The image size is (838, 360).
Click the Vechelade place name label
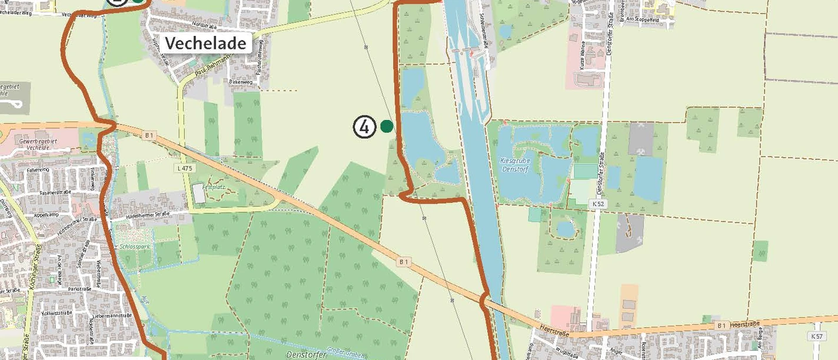tap(205, 43)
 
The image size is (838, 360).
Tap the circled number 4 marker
tap(364, 126)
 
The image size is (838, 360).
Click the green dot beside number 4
tap(387, 126)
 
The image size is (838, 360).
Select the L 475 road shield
tap(184, 168)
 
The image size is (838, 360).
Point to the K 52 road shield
tap(598, 204)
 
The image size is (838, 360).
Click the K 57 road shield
tap(816, 336)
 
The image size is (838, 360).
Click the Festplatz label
tap(214, 187)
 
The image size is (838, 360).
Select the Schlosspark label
tap(134, 246)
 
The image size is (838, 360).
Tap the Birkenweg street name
tap(241, 82)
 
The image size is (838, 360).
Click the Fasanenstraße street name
tap(54, 192)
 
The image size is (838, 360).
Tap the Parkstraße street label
tap(79, 289)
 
